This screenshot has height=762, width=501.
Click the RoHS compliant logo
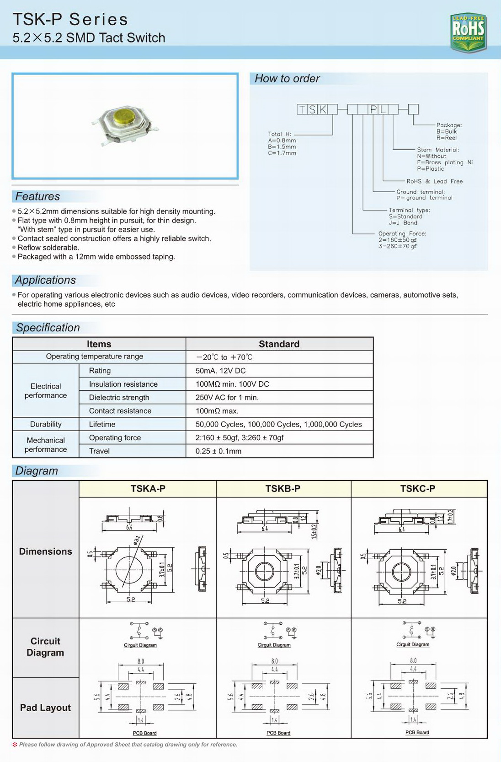(x=468, y=32)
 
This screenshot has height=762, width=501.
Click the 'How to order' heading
(x=287, y=79)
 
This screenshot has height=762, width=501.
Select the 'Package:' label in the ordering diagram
(x=449, y=125)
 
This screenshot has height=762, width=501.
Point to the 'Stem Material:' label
(x=437, y=150)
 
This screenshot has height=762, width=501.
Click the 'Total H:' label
(x=279, y=134)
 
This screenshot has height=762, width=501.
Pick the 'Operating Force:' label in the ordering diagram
(x=402, y=233)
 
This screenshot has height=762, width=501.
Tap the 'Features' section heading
(x=37, y=196)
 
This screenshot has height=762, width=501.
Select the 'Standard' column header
(x=279, y=344)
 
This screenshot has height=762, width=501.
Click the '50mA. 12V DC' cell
(x=220, y=371)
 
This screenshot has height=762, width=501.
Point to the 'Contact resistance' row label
(x=120, y=411)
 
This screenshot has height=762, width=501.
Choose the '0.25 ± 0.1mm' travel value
(x=218, y=451)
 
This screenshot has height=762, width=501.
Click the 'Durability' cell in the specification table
(x=46, y=424)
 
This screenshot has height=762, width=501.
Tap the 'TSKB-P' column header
(x=282, y=489)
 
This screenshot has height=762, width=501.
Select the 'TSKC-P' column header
(x=417, y=489)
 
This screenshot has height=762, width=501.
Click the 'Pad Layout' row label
(x=45, y=708)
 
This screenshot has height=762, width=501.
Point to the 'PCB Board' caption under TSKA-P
(x=144, y=733)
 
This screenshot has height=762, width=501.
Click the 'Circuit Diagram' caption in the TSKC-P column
(x=412, y=644)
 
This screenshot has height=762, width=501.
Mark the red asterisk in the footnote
(x=15, y=745)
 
